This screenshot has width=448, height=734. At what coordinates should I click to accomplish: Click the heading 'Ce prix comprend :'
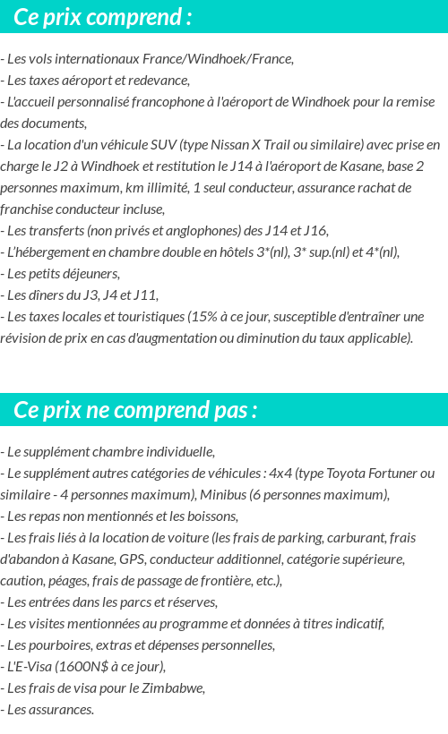102,17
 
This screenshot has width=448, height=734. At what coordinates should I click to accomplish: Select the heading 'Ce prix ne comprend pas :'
135,410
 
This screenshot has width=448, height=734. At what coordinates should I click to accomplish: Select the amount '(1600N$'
82,666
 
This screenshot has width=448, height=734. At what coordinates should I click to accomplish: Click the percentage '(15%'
202,317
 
